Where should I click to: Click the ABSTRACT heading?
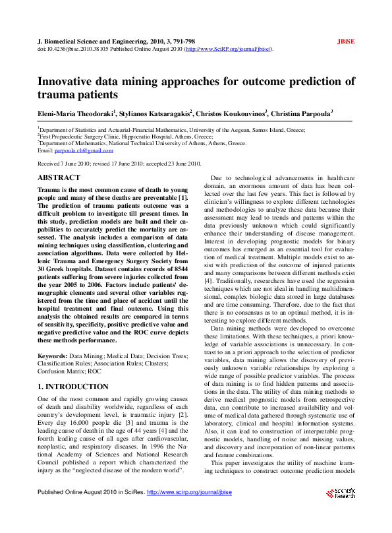pos(59,178)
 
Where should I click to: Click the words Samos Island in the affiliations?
pos(269,131)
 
